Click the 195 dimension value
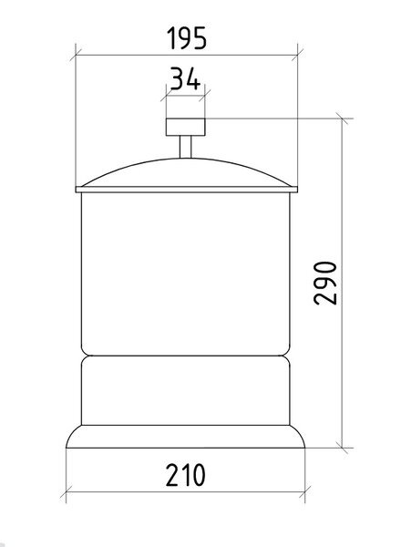pos(187,38)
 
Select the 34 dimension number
pos(185,78)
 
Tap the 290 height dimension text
pos(325,284)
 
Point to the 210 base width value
pos(185,475)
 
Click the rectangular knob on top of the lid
pos(186,127)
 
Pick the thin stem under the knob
pos(186,147)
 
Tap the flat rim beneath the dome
pos(187,190)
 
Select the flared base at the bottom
pos(186,437)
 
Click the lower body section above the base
pos(186,391)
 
